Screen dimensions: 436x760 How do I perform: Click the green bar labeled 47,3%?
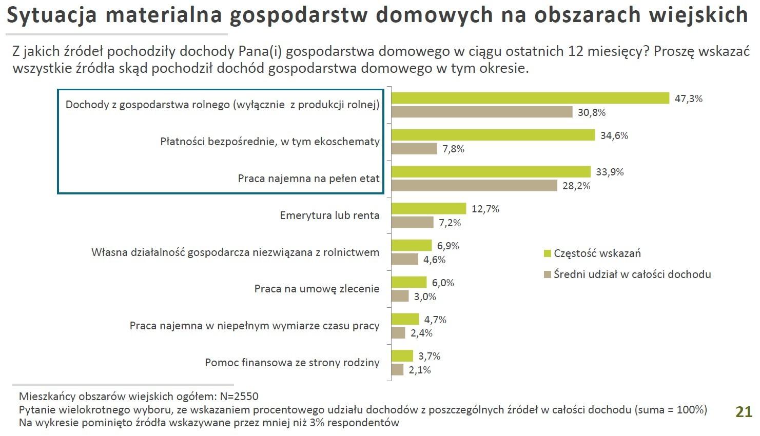pyautogui.click(x=530, y=98)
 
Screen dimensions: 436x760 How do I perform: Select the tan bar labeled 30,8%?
pyautogui.click(x=481, y=112)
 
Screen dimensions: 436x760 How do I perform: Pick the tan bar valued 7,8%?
pyautogui.click(x=414, y=149)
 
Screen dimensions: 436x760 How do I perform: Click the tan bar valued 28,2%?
pyautogui.click(x=474, y=185)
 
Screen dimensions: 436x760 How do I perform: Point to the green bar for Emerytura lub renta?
pyautogui.click(x=428, y=208)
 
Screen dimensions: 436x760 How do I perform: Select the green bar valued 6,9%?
pyautogui.click(x=412, y=245)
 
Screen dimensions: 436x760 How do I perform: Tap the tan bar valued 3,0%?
pyautogui.click(x=400, y=296)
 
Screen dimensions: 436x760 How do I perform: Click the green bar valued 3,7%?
pyautogui.click(x=402, y=355)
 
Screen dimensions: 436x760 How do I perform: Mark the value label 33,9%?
pyautogui.click(x=610, y=172)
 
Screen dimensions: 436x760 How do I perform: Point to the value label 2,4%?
pyautogui.click(x=421, y=333)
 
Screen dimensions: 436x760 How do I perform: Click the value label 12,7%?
pyautogui.click(x=485, y=209)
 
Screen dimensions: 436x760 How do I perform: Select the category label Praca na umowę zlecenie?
pyautogui.click(x=317, y=289)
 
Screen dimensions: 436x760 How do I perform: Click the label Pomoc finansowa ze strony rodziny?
pyautogui.click(x=292, y=363)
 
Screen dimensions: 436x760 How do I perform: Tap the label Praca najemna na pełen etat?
pyautogui.click(x=308, y=179)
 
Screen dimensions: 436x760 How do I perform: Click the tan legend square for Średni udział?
pyautogui.click(x=547, y=274)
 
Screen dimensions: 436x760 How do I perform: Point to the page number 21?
pyautogui.click(x=744, y=411)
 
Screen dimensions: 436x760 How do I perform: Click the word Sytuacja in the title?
pyautogui.click(x=51, y=15)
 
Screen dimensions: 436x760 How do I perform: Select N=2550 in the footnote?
pyautogui.click(x=239, y=397)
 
